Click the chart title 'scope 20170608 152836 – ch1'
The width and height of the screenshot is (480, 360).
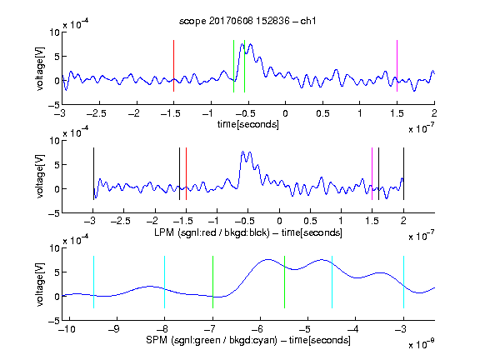[247, 21]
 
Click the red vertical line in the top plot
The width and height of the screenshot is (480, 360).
[173, 66]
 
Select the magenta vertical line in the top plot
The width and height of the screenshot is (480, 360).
[397, 66]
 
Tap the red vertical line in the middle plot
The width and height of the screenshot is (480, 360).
[186, 174]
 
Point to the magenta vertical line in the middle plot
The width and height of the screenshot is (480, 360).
[372, 174]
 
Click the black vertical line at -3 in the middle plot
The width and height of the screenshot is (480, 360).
[93, 174]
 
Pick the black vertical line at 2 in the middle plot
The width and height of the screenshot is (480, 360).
[403, 174]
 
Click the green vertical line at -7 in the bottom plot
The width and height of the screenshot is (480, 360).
[212, 282]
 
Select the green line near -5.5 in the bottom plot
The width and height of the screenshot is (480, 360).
[284, 282]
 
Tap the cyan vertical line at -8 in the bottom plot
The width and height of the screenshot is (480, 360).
[164, 282]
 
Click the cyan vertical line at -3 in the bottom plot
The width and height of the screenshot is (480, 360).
[403, 282]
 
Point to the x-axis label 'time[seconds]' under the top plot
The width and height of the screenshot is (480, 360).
[248, 124]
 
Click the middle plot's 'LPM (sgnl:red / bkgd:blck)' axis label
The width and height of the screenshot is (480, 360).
[212, 232]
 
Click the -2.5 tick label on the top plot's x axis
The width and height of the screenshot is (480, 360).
[97, 113]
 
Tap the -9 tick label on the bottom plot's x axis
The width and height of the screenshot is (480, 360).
[114, 329]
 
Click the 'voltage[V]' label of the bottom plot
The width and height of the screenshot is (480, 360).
[40, 284]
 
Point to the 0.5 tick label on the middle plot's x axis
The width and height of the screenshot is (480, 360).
[310, 221]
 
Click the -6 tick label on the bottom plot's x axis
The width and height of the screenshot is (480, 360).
[257, 329]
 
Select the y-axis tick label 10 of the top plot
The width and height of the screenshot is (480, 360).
[55, 32]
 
